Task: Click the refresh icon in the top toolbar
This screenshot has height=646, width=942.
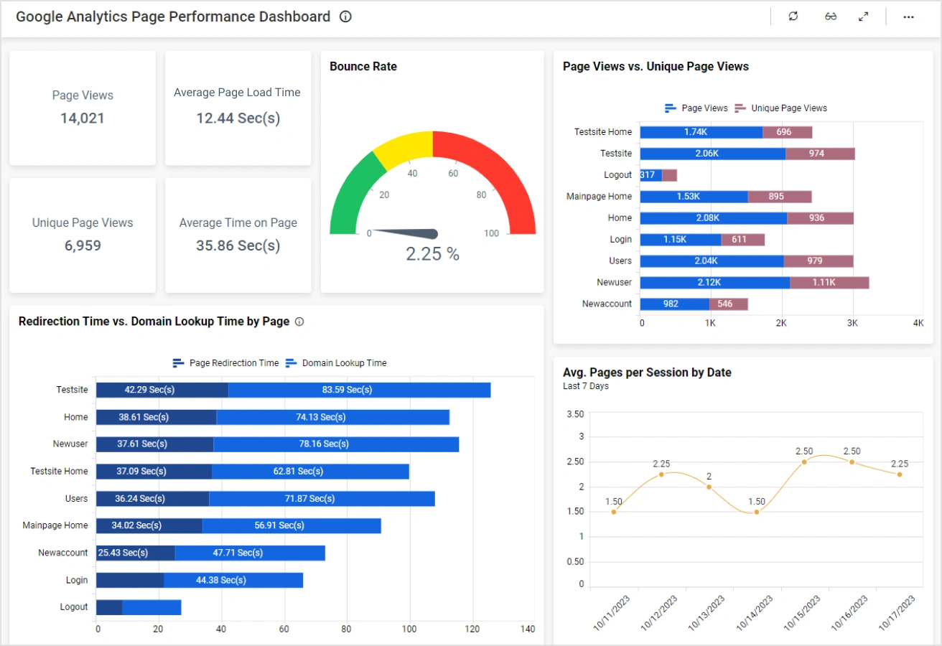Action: (x=793, y=17)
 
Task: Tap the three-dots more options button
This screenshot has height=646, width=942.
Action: (x=908, y=17)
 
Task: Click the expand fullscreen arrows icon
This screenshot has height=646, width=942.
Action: (x=864, y=17)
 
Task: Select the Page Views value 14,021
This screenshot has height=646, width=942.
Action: (x=83, y=118)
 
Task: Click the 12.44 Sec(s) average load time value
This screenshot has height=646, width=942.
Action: (x=238, y=118)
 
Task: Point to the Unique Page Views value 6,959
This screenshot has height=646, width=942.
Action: (x=83, y=245)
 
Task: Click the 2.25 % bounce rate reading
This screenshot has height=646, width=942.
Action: (x=432, y=254)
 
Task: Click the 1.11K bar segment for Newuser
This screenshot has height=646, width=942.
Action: (x=829, y=283)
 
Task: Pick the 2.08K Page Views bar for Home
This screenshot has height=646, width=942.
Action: (x=713, y=218)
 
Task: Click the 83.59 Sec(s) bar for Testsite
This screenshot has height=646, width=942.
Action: (x=359, y=390)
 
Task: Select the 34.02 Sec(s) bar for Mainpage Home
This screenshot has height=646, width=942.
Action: (x=149, y=525)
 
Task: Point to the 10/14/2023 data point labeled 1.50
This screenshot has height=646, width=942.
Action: (x=757, y=512)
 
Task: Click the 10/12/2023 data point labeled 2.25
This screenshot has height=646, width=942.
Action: (x=661, y=474)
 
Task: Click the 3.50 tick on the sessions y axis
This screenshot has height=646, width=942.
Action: (x=575, y=414)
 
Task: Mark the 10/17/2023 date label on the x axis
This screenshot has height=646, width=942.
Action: (x=898, y=613)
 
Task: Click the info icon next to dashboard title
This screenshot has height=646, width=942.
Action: (x=345, y=17)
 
